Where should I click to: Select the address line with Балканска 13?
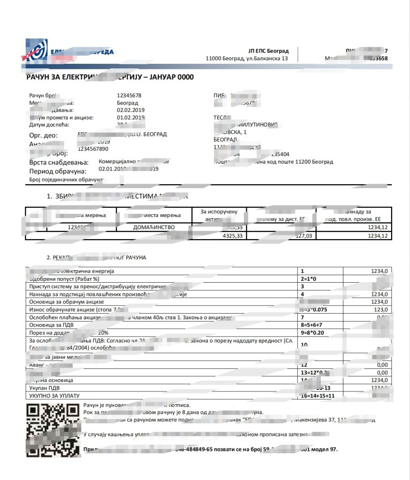pyautogui.click(x=247, y=59)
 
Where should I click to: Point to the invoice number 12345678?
pyautogui.click(x=129, y=95)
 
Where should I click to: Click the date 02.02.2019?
pyautogui.click(x=131, y=110)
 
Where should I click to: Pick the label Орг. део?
pyautogui.click(x=43, y=135)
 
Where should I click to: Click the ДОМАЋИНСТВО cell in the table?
pyautogui.click(x=154, y=227)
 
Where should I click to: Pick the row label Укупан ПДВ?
pyautogui.click(x=46, y=388)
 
